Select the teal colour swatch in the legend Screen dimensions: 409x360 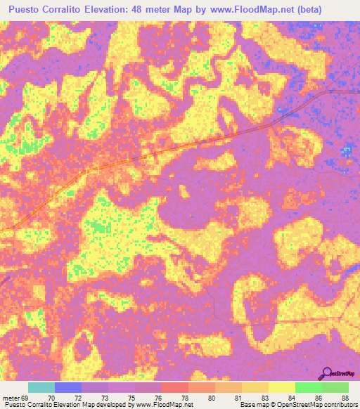tap(41, 387)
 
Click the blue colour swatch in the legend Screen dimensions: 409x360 tap(68, 387)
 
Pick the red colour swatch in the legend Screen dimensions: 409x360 tap(175, 387)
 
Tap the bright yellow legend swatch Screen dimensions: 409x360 tap(281, 387)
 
